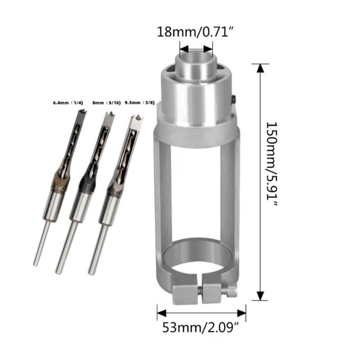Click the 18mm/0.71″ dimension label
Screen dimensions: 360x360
(195, 32)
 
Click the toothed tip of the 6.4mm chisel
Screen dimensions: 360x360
(82, 112)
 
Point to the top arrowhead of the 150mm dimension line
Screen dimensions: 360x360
(260, 68)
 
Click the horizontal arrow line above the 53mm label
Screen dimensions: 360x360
(201, 311)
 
